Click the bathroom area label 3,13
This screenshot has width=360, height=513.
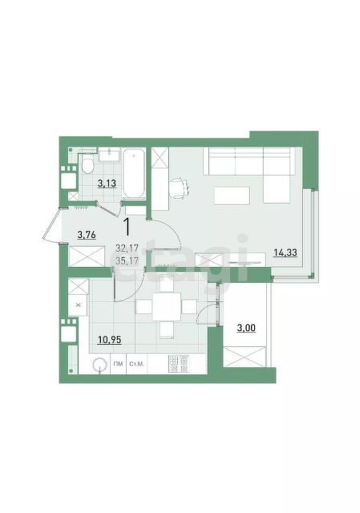pos(107,184)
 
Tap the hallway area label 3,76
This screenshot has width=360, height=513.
pos(87,235)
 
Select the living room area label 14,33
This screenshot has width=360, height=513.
pos(285,252)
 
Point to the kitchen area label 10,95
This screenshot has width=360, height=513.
pos(109,340)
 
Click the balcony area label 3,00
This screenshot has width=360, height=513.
pos(246,328)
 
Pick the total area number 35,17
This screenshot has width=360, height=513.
pos(127,261)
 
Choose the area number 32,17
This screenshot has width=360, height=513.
pos(127,248)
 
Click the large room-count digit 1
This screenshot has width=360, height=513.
pos(127,228)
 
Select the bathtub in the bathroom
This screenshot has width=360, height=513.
pos(134,173)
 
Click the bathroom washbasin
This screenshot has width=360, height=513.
pos(109,155)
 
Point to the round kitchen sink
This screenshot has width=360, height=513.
pos(99,365)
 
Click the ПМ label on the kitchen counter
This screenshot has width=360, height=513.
pos(118,364)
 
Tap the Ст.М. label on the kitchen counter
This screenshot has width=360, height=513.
pos(137,364)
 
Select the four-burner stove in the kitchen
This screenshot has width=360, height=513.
pos(179,364)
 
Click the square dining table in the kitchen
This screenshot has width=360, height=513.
pos(167,307)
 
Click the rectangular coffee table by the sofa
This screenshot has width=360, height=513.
pos(232,196)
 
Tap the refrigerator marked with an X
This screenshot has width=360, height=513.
pos(78,305)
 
